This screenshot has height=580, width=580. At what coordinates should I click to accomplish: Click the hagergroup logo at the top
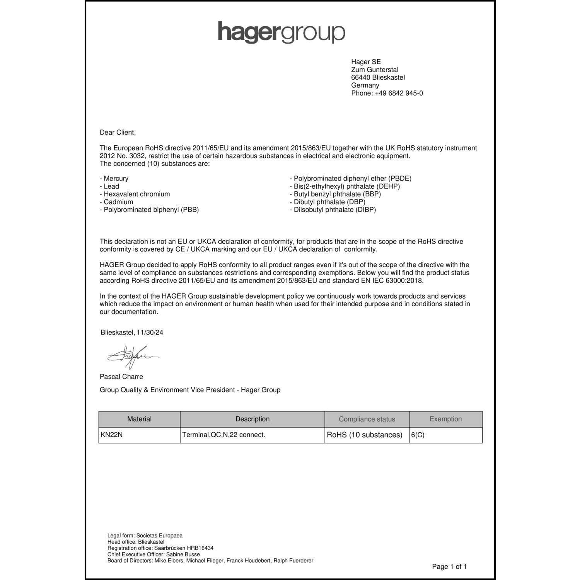281,32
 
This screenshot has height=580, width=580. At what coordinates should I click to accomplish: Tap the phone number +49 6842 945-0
399,93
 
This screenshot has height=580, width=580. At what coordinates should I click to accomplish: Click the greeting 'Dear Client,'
118,133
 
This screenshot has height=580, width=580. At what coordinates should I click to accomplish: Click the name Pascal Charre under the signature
121,377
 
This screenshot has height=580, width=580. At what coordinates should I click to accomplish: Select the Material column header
139,419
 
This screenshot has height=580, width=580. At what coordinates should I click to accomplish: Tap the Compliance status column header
367,419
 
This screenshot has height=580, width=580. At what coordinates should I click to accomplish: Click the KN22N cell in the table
112,435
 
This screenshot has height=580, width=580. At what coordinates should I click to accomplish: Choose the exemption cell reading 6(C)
418,435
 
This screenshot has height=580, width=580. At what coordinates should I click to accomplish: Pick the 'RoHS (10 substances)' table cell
365,435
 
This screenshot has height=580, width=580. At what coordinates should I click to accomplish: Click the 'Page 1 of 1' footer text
449,567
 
